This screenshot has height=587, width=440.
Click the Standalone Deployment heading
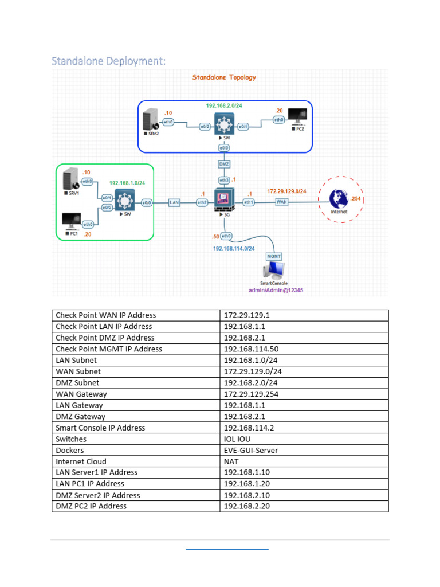click(x=108, y=61)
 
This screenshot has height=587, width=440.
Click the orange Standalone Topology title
click(x=224, y=77)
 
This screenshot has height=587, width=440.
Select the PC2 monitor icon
click(x=297, y=119)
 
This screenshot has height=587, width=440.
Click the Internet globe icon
click(x=339, y=199)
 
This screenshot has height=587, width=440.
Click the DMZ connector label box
click(x=225, y=164)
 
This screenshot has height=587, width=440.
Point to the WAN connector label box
click(x=281, y=202)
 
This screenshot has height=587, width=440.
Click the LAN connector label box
click(x=174, y=202)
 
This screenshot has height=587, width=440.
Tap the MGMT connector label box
click(x=274, y=256)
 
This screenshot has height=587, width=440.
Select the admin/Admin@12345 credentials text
click(x=276, y=291)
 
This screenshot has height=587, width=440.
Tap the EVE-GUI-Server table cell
click(x=251, y=450)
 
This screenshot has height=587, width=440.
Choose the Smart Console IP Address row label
click(x=100, y=428)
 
